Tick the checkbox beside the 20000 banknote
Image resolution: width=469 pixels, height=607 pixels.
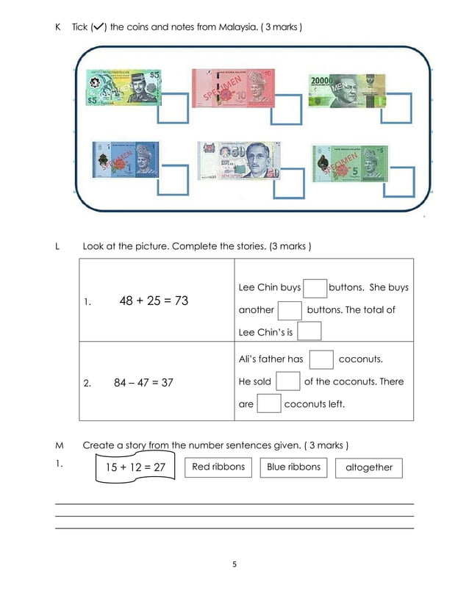coord(395,107)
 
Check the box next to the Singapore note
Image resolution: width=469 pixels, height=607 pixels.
coord(288,183)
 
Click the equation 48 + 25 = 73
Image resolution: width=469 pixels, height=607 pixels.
coord(154,301)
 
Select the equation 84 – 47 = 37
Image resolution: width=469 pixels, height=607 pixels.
coord(144,382)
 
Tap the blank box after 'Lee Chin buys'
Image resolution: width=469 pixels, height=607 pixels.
coord(315,288)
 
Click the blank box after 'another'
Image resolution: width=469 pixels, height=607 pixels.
coord(290,310)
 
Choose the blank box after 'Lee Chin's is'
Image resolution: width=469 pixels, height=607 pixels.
coord(309,332)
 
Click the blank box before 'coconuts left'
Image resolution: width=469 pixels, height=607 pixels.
coord(269,404)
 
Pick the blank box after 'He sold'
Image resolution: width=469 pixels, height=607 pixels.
coord(287,381)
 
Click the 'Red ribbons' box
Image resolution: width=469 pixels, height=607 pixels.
coord(218,467)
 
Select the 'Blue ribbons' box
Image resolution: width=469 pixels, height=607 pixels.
coord(293,467)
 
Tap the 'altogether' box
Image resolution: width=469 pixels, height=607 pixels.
coord(369,468)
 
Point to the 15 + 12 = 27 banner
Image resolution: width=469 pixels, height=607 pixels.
coord(135,467)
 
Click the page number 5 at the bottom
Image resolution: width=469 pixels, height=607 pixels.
coord(234,565)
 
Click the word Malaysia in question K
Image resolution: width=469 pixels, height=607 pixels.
coord(240,27)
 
